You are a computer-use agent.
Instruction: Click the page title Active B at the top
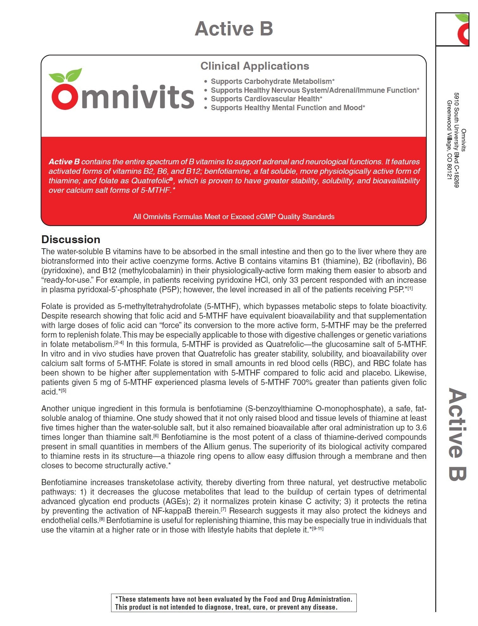click(x=234, y=29)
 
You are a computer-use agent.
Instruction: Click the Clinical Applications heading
click(x=255, y=66)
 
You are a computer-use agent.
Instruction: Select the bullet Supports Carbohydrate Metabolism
click(x=273, y=81)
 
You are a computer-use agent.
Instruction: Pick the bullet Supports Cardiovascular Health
click(x=266, y=99)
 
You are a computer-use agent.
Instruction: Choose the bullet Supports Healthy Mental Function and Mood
click(x=288, y=108)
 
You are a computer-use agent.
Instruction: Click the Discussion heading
click(x=71, y=239)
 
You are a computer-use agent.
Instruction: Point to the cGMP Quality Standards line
click(x=234, y=217)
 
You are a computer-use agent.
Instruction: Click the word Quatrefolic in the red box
click(x=150, y=181)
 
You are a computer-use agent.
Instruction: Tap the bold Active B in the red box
click(x=64, y=162)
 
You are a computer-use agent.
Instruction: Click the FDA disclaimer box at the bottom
click(x=234, y=603)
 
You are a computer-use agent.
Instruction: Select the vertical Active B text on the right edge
click(x=457, y=434)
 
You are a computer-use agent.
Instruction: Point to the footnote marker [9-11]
click(x=318, y=528)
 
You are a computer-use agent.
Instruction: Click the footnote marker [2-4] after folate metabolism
click(x=119, y=343)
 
